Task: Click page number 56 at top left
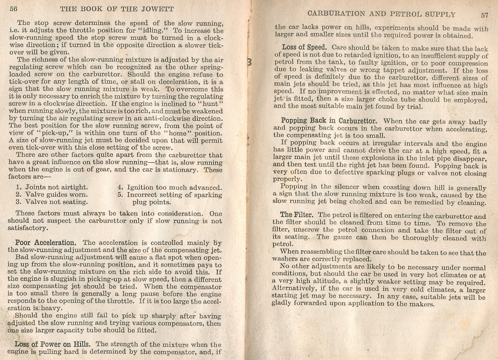14,9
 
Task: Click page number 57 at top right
484,14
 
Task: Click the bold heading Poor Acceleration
46,243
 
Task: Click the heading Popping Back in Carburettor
329,121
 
